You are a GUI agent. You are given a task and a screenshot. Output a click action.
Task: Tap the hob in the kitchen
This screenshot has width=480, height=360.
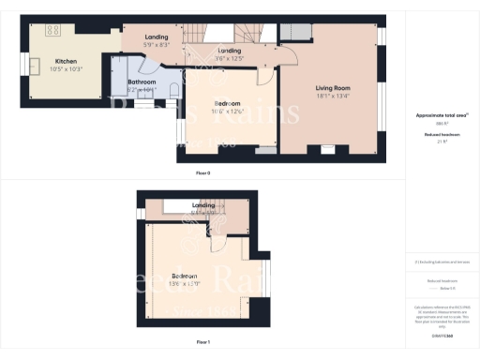point(53,30)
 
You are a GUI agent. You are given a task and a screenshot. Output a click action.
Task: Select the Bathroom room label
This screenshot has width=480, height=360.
point(142,82)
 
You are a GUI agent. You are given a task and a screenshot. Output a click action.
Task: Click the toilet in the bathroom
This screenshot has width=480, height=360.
point(175,91)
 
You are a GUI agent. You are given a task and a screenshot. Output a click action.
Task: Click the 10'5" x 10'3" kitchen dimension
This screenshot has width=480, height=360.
point(64,68)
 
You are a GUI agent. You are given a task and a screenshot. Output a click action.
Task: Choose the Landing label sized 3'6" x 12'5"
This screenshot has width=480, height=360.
point(230,51)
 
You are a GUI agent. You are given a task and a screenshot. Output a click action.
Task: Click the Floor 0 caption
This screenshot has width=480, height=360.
point(202,173)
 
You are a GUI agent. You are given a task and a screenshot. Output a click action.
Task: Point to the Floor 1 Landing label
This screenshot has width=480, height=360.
point(203,204)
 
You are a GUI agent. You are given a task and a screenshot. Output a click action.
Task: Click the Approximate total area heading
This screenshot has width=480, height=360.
point(441,115)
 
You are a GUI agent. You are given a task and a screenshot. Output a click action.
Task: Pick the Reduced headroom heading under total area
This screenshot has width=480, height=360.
point(441,133)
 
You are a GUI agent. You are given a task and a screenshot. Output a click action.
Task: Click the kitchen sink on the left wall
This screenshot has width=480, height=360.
point(33,66)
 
